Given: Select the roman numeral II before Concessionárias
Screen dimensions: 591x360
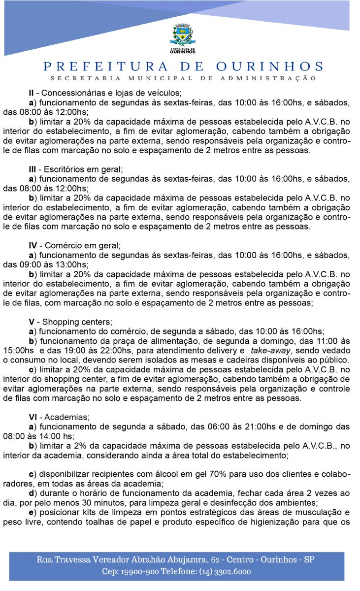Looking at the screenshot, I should [x=32, y=93].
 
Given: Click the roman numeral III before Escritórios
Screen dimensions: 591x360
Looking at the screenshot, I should [x=33, y=169].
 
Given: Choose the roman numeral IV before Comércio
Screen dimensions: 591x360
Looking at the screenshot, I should [x=33, y=245].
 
